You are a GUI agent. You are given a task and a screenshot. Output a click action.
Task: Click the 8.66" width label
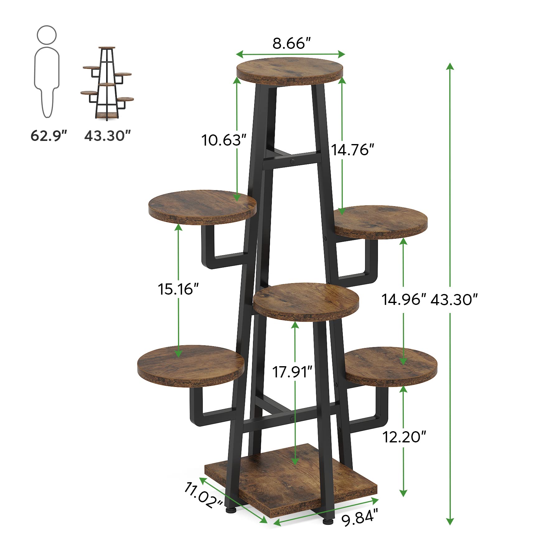point(292,44)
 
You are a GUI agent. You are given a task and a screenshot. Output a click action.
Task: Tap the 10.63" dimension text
point(224,140)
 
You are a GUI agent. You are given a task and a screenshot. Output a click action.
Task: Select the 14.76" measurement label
point(352,150)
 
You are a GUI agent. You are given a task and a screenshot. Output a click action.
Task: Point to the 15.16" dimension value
point(178,289)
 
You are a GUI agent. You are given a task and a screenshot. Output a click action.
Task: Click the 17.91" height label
point(292,372)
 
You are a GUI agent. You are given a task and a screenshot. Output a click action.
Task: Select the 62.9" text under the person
point(49,136)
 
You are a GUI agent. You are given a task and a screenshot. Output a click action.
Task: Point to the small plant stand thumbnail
point(107,83)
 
